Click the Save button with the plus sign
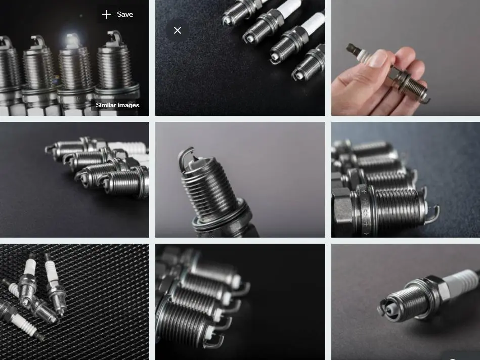click(x=117, y=14)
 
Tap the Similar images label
click(x=117, y=105)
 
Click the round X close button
click(x=178, y=30)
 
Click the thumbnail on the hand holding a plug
click(x=406, y=58)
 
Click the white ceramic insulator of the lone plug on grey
click(x=459, y=281)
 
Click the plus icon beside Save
click(x=106, y=14)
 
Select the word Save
click(x=125, y=14)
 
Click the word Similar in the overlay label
click(x=105, y=105)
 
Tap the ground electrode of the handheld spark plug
click(x=426, y=99)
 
